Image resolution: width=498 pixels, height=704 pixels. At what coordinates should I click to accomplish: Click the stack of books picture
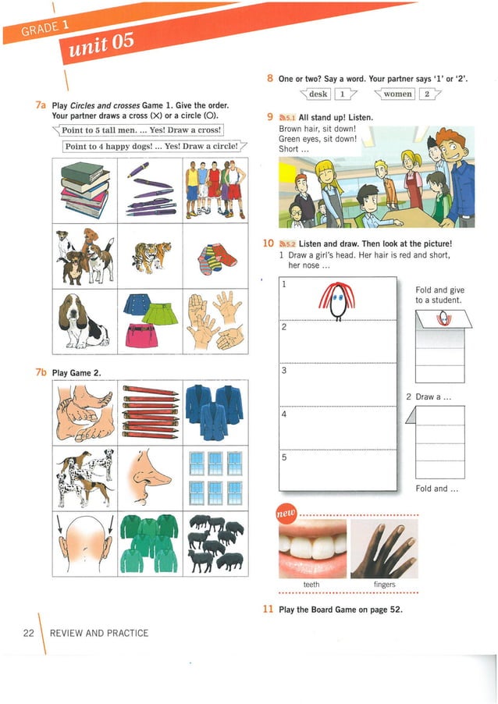(85, 190)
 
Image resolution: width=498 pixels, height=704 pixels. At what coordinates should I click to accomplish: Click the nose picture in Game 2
(151, 477)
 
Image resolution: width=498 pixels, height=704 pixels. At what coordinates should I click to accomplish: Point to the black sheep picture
(215, 542)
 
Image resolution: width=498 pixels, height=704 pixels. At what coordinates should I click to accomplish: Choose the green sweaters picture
(150, 542)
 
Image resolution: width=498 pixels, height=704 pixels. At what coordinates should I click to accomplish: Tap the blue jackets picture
(215, 411)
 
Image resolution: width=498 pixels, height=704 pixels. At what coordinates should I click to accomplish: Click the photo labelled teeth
(311, 548)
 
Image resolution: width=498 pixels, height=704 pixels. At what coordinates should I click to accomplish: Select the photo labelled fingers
(384, 548)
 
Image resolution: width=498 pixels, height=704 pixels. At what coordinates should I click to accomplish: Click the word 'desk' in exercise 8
(318, 94)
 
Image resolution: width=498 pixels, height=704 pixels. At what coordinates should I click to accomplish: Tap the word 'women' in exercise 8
(397, 94)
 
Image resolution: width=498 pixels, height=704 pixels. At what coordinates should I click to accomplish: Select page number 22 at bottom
(28, 633)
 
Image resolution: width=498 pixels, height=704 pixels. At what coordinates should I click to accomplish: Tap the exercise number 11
(269, 610)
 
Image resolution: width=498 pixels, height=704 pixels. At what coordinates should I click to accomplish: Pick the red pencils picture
(151, 411)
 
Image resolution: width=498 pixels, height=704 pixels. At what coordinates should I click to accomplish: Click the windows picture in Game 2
(215, 477)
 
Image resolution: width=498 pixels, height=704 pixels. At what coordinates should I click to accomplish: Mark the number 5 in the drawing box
(284, 457)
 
